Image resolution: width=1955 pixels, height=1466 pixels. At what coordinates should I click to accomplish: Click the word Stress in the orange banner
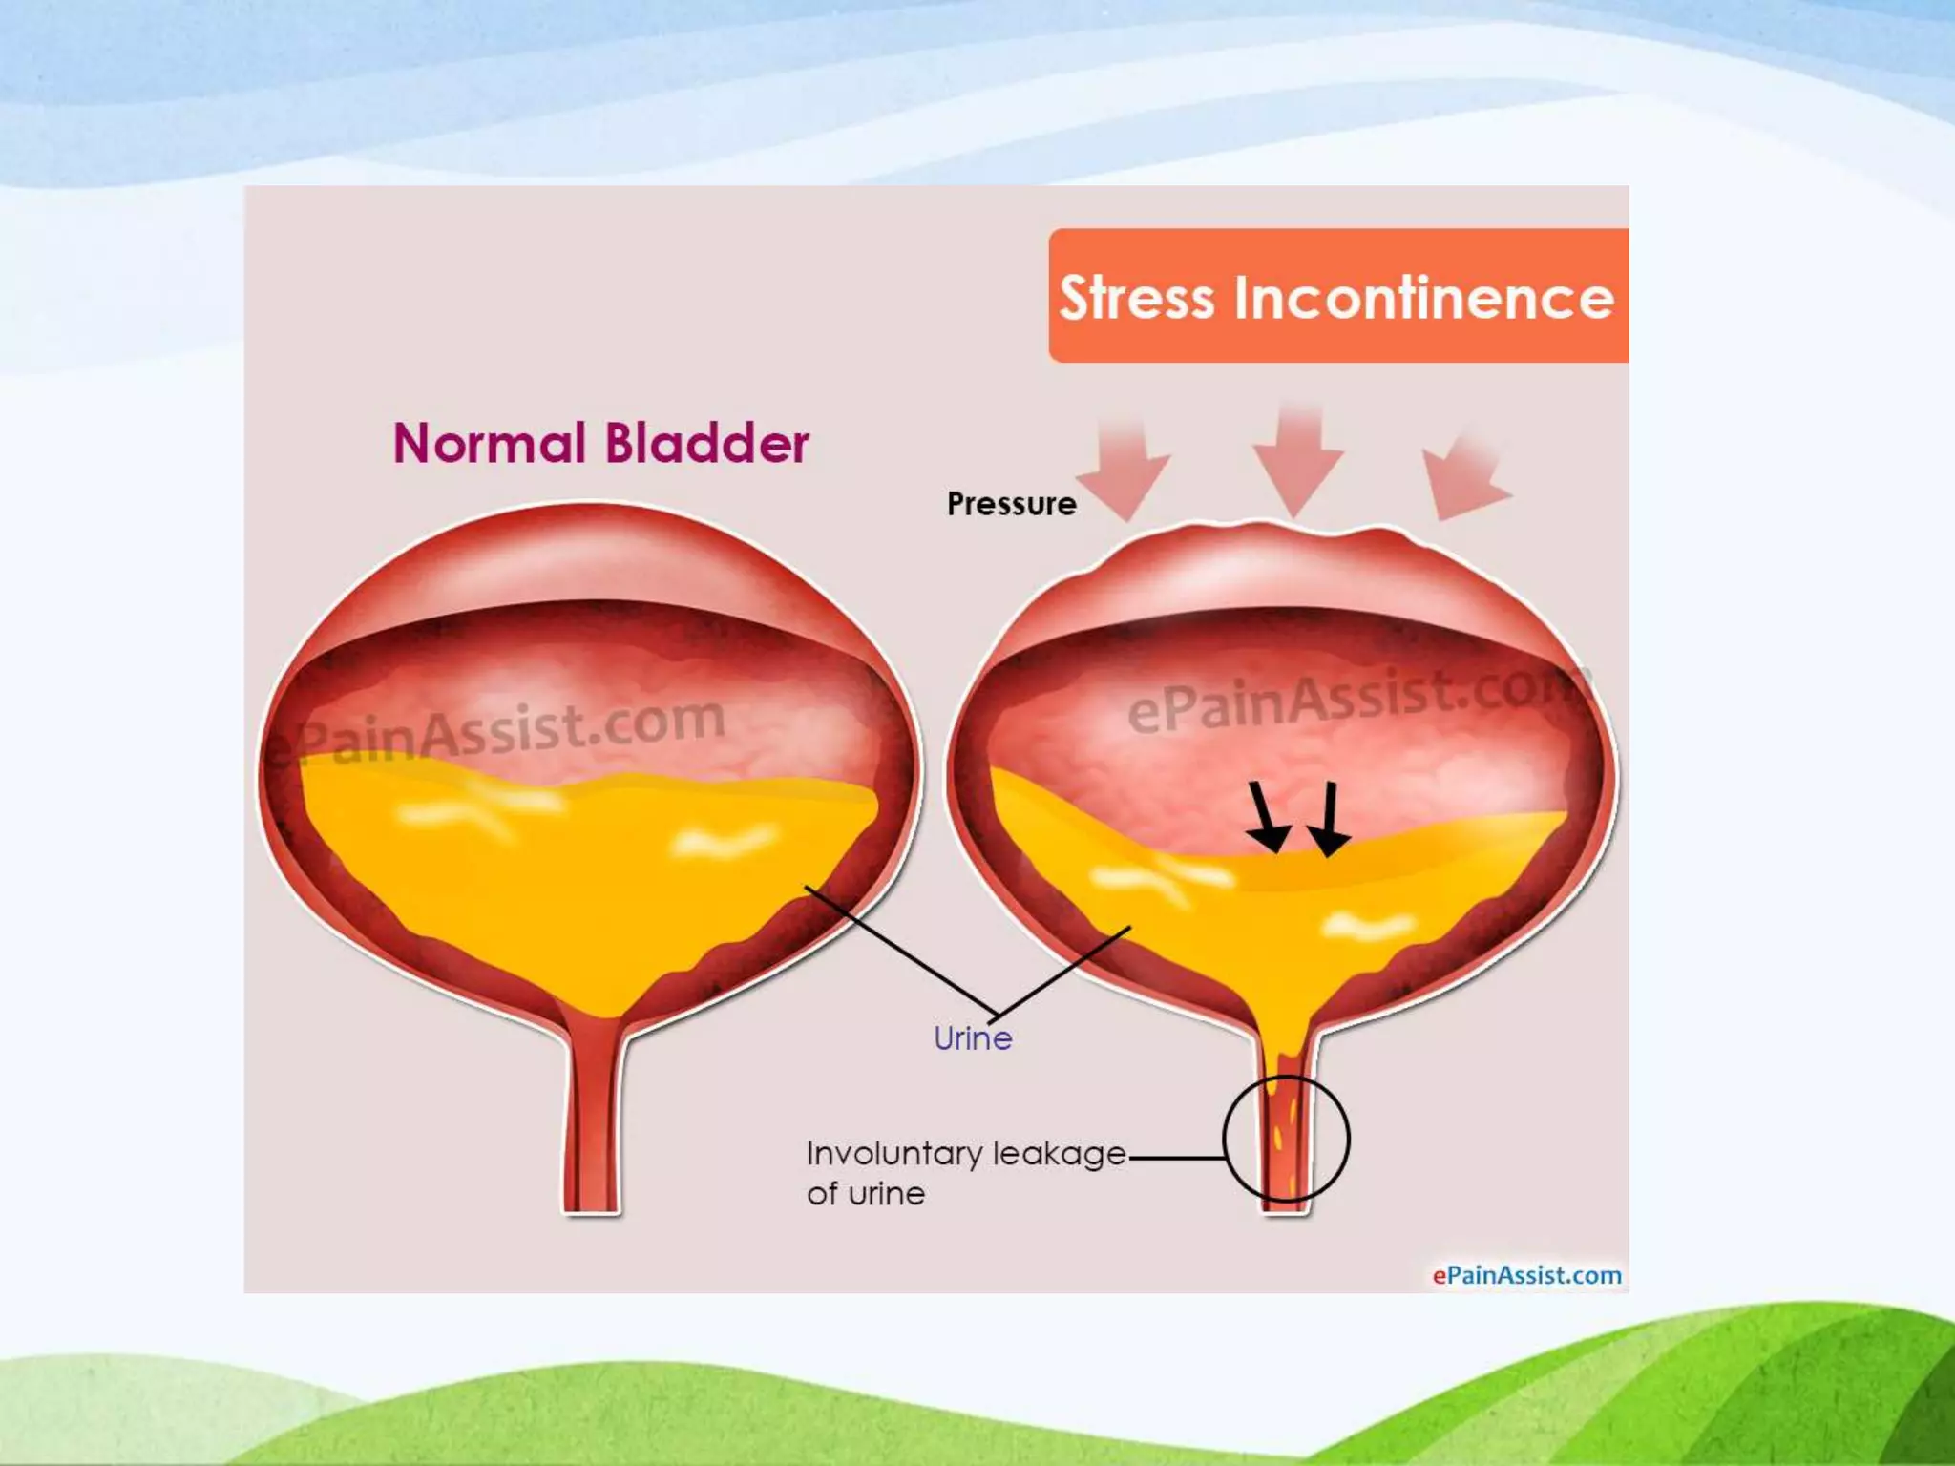click(1137, 298)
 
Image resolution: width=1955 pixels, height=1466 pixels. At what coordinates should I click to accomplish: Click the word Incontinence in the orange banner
click(1423, 298)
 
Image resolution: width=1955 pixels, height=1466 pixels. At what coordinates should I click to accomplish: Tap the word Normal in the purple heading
click(488, 444)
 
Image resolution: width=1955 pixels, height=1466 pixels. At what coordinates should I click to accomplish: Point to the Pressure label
click(1011, 503)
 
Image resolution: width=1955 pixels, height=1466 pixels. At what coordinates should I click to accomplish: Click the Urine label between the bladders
click(972, 1037)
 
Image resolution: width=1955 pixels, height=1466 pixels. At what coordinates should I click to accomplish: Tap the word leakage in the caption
click(1060, 1154)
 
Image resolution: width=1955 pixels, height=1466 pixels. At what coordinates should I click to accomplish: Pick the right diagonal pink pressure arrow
click(1461, 477)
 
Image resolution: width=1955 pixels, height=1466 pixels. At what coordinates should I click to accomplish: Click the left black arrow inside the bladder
click(1267, 818)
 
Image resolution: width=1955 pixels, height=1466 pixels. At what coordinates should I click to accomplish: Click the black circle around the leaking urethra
click(1347, 1138)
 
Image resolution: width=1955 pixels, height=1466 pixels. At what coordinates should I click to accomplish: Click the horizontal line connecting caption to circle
click(1176, 1158)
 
